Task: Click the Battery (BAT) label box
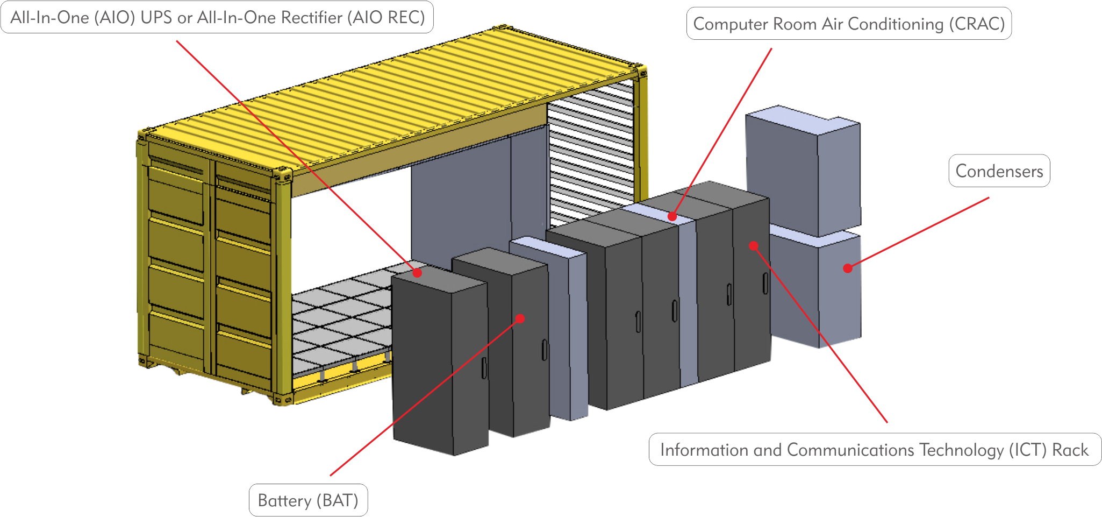coord(308,500)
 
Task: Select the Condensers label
coord(999,171)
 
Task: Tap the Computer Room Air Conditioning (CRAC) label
coord(849,24)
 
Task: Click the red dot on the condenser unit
coord(848,268)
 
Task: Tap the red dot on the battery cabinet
coord(520,318)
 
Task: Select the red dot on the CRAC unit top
coord(672,216)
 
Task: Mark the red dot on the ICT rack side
coord(754,246)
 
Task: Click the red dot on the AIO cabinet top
coord(417,273)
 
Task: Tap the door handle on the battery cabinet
coord(544,350)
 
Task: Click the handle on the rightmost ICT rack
coord(765,283)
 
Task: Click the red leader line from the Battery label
coord(425,397)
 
